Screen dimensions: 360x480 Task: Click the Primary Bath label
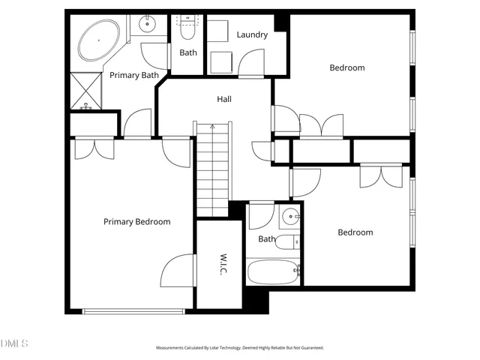(x=133, y=75)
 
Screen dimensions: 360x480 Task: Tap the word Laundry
(x=252, y=34)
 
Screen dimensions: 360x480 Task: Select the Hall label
(x=223, y=99)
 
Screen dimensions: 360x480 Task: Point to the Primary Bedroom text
(x=136, y=222)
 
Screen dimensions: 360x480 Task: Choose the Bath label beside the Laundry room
(x=187, y=52)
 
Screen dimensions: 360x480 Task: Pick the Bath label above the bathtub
(x=267, y=239)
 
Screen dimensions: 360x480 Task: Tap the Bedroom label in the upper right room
(x=347, y=68)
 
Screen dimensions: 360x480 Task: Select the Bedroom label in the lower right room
(x=355, y=232)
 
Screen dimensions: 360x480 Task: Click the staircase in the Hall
(x=212, y=169)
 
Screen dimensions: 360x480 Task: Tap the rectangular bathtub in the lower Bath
(x=272, y=271)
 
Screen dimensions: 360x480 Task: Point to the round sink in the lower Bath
(x=290, y=218)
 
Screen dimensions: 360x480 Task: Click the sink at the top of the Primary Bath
(x=146, y=25)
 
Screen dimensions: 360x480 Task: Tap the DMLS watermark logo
(x=13, y=343)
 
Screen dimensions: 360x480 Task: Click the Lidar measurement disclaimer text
(x=239, y=348)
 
